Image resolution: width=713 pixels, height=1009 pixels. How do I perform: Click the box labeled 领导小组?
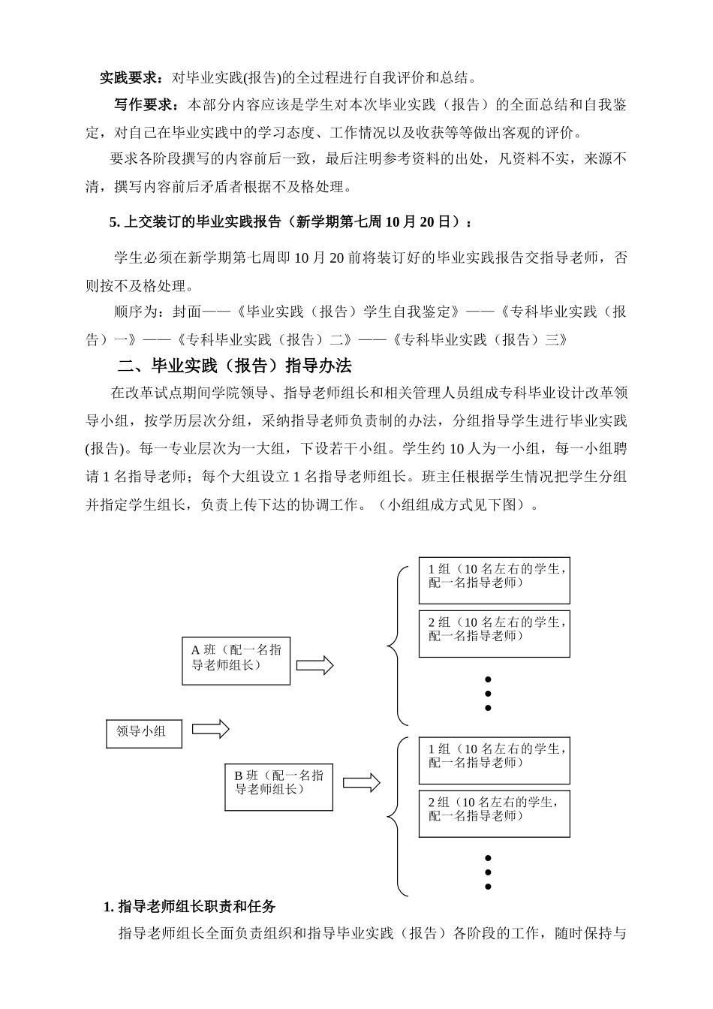(144, 731)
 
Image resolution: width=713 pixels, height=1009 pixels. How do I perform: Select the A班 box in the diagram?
(236, 660)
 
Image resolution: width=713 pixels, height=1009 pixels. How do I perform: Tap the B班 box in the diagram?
(278, 785)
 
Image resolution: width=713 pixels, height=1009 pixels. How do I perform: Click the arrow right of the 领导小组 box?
(210, 729)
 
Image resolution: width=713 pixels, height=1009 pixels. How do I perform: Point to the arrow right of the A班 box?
(314, 665)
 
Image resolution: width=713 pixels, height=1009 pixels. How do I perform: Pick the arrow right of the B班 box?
(362, 782)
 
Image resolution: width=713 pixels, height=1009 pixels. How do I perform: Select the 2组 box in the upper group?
(494, 634)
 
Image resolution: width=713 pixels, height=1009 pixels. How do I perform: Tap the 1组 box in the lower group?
(494, 761)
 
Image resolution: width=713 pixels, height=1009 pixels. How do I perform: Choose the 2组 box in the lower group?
(494, 813)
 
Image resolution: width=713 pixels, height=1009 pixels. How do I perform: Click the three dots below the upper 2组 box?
(488, 694)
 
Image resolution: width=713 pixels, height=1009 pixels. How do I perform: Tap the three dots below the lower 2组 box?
(488, 872)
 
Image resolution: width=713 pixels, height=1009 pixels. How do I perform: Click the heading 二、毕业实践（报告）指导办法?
(235, 366)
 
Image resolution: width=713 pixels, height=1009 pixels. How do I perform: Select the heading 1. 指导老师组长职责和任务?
(189, 906)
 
